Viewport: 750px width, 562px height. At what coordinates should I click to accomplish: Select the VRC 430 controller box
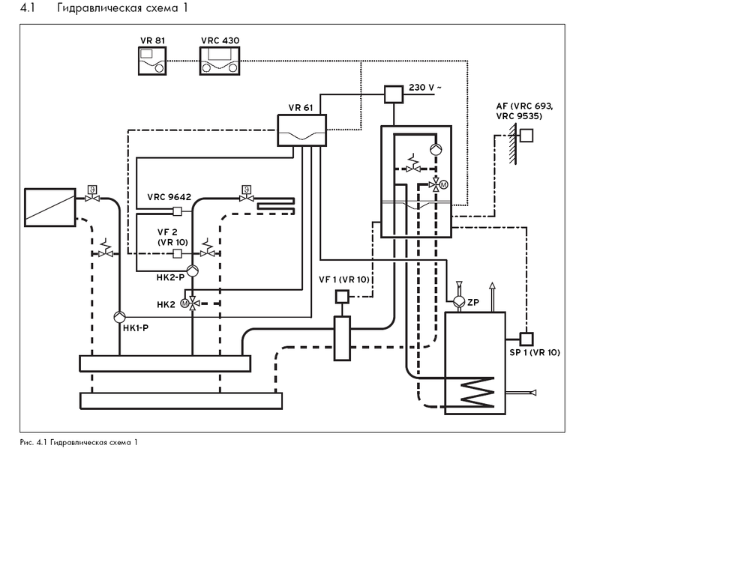220,61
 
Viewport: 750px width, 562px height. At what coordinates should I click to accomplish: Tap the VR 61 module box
301,130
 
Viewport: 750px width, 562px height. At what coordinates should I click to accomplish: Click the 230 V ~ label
425,88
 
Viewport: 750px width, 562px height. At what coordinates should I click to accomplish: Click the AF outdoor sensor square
527,136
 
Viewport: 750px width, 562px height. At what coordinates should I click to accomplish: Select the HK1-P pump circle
119,317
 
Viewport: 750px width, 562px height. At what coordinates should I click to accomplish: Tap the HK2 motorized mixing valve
192,303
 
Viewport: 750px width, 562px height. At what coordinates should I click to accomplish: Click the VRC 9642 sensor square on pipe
178,211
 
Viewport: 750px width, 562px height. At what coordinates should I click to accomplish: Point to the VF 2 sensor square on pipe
178,253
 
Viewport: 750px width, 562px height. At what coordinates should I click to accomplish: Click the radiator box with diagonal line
50,208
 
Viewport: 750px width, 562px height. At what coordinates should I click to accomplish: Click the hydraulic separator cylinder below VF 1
341,338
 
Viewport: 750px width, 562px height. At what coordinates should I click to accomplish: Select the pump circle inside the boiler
435,149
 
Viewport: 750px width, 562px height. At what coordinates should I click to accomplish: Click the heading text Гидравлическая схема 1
123,10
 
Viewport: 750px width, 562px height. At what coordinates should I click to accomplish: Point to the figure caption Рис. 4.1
79,442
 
